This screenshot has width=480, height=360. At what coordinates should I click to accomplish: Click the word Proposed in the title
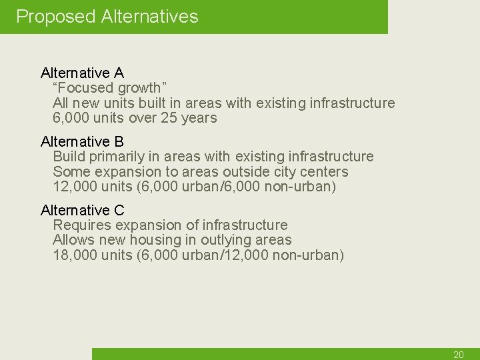(56, 17)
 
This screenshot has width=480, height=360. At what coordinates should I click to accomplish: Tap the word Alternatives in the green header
(149, 17)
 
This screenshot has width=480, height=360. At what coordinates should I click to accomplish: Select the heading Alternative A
(82, 73)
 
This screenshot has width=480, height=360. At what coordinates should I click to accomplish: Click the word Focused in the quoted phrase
(86, 88)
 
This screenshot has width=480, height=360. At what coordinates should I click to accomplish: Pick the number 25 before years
(169, 119)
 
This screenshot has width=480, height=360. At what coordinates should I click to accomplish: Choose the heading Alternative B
(82, 141)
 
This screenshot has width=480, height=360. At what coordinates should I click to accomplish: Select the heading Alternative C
(82, 211)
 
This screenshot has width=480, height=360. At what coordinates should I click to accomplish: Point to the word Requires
(80, 225)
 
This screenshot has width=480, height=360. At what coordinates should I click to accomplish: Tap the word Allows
(73, 240)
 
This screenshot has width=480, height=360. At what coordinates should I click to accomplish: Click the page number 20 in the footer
(458, 355)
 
